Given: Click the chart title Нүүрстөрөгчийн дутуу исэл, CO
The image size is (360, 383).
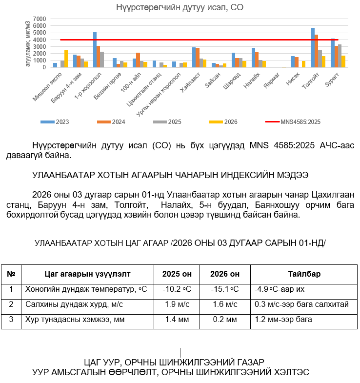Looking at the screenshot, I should (180, 7).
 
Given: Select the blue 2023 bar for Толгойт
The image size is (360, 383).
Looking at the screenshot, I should (313, 48).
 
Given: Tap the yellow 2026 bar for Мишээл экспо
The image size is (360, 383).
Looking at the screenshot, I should (66, 59).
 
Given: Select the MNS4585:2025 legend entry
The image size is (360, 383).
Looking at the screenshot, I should (298, 121).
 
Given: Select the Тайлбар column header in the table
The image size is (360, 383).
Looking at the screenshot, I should (304, 274).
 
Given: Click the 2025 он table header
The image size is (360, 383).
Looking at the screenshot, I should (177, 274).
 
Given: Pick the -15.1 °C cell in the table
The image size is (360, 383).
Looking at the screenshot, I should (225, 289).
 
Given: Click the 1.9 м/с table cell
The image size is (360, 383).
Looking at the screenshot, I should (177, 304).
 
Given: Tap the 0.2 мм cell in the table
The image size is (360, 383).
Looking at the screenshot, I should (225, 320).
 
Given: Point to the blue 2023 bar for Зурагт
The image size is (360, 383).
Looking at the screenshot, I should (333, 53).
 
